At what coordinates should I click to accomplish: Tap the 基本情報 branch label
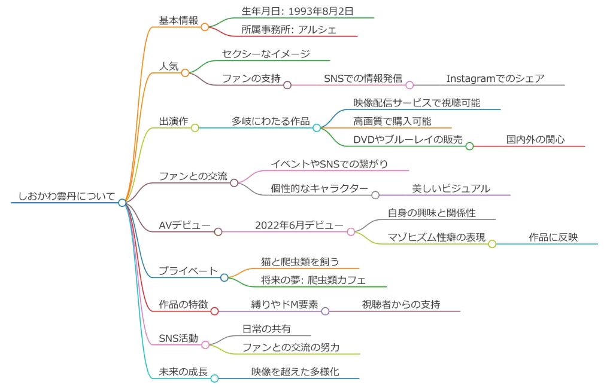coord(178,20)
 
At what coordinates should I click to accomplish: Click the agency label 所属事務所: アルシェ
coord(289,29)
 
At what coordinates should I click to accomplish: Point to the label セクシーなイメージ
coord(266,54)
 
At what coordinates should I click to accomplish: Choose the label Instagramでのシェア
coord(495,78)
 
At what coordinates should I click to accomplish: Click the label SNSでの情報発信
coord(362,78)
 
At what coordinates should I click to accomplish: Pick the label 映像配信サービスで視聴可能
coord(417,103)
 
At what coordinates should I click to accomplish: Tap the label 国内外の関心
coord(536,139)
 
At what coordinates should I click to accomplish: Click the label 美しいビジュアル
coord(451,188)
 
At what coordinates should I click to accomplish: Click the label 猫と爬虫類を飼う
coord(300,261)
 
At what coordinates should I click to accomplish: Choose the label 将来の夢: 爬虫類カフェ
coord(313,280)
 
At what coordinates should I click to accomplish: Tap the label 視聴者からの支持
coord(401,304)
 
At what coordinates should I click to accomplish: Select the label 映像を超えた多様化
coord(295,371)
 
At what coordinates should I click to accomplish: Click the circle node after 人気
coord(185,73)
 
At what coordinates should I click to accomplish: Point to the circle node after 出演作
coord(195,127)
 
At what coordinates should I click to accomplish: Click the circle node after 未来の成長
coord(214,378)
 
